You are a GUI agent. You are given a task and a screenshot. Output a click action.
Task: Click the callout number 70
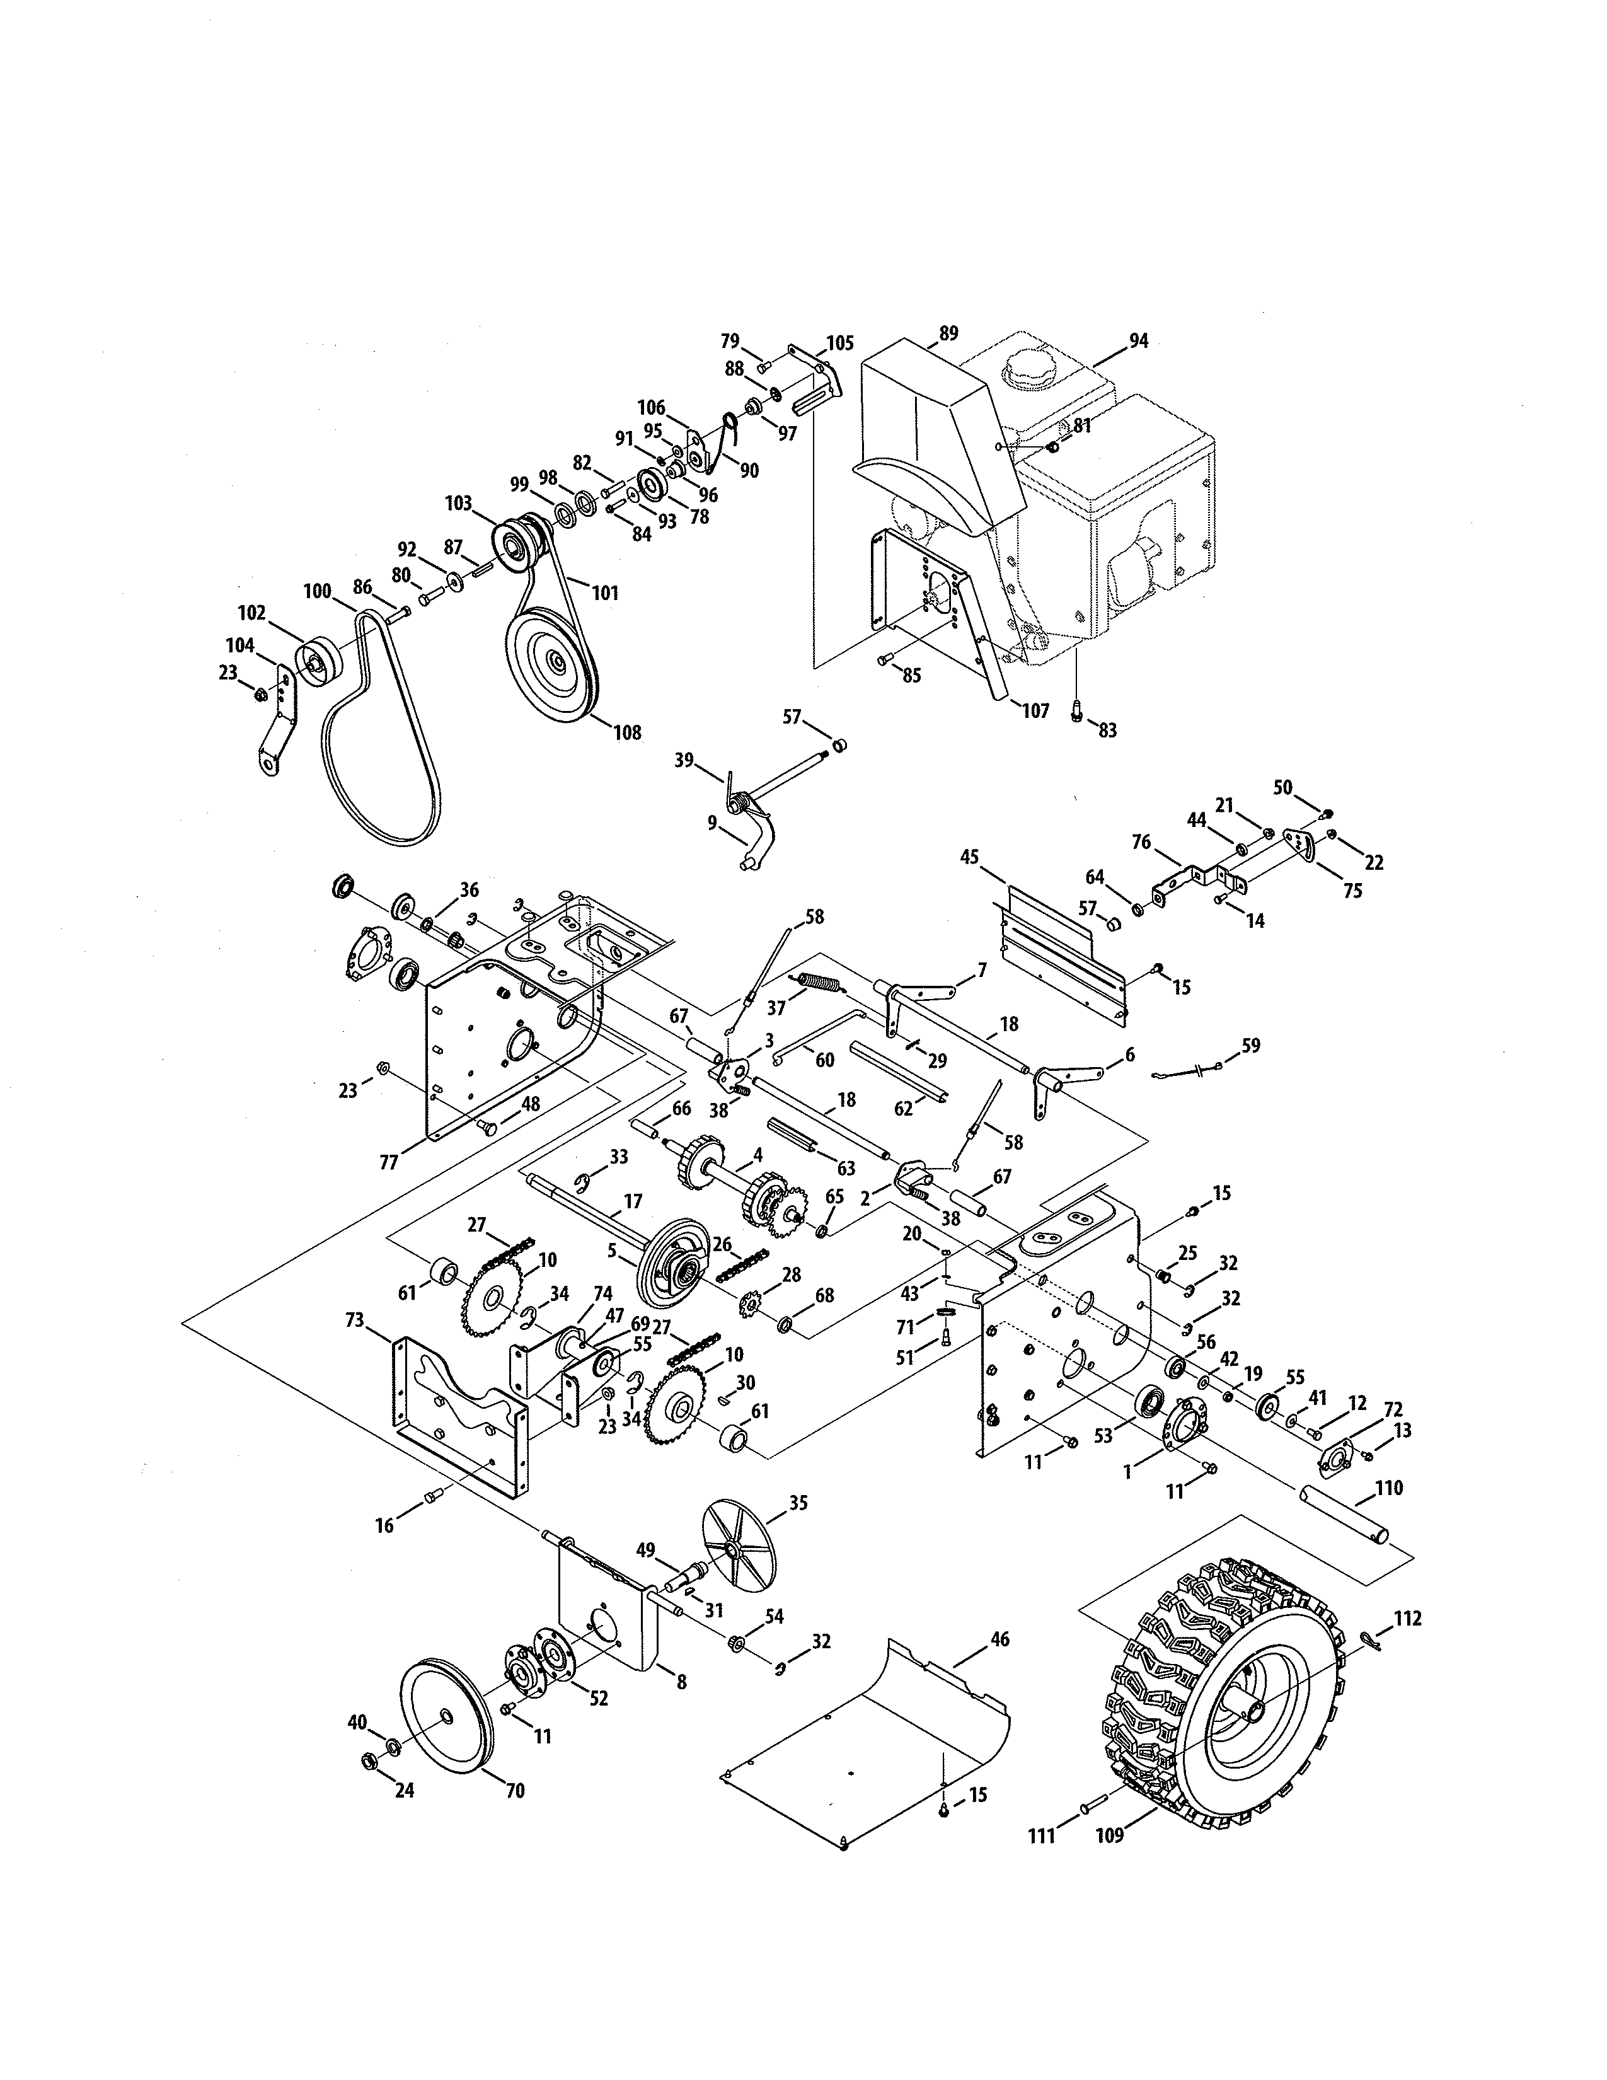click(514, 1791)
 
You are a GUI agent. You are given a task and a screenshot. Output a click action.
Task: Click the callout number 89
click(948, 333)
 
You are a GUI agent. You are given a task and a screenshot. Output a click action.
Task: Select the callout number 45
click(969, 857)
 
